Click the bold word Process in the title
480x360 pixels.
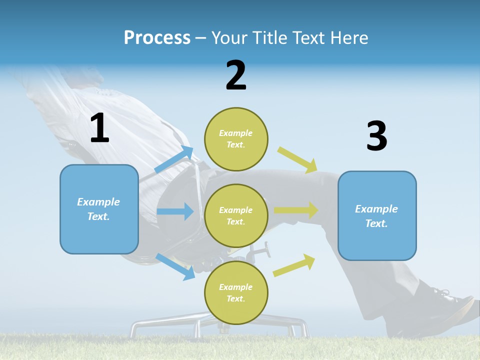click(x=157, y=38)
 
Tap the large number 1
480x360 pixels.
click(x=99, y=128)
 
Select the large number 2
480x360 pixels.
click(x=236, y=75)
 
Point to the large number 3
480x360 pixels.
click(x=376, y=136)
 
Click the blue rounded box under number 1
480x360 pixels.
click(x=99, y=209)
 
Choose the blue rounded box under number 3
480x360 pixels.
click(x=377, y=216)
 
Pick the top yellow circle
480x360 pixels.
click(x=236, y=139)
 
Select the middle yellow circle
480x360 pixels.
click(x=236, y=216)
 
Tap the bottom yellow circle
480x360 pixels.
click(x=236, y=293)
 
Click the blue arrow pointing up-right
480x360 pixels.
click(x=174, y=160)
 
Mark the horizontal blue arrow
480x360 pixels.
click(x=175, y=211)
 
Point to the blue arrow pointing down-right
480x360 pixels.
click(x=175, y=266)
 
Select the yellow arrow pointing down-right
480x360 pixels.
click(x=297, y=159)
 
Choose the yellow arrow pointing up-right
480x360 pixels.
click(x=294, y=265)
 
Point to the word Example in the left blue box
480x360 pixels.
click(x=98, y=202)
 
